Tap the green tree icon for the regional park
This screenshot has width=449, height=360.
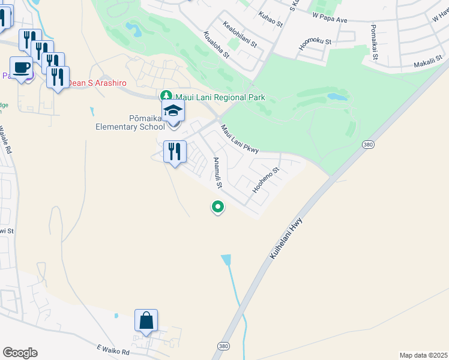166,96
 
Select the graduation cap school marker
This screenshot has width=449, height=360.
173,112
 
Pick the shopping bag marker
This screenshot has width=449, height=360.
146,321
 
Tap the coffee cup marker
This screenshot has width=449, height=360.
22,68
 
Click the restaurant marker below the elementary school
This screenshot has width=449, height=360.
175,152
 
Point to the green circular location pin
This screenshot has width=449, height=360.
218,207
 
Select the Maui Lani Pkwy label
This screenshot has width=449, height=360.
239,139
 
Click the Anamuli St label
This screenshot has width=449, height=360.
218,173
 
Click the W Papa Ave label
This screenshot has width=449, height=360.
330,20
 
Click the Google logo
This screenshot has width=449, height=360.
20,353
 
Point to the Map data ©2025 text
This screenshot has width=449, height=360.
423,355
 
